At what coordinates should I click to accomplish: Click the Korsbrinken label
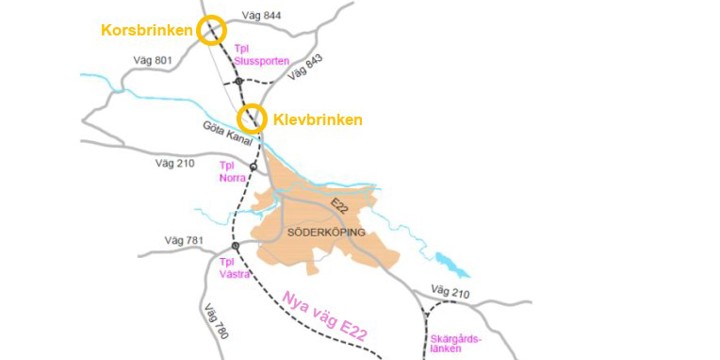click(x=146, y=30)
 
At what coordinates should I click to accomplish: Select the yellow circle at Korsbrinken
click(x=210, y=30)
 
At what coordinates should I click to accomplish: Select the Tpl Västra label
click(x=234, y=264)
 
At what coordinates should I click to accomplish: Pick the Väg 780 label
click(x=217, y=320)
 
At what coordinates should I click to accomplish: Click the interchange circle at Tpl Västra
click(x=236, y=245)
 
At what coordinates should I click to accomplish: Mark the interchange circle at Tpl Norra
click(x=254, y=167)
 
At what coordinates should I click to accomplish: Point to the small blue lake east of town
click(x=453, y=267)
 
